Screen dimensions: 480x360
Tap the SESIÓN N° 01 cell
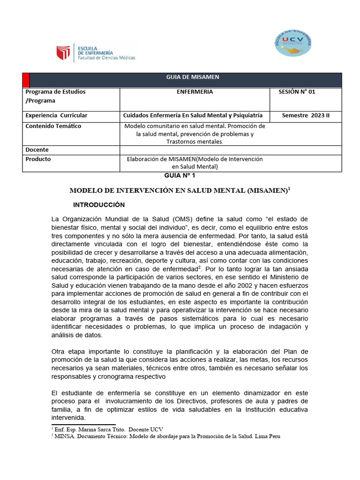coord(297,92)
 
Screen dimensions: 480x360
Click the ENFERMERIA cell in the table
coord(195,92)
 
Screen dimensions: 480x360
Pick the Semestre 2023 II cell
coord(306,115)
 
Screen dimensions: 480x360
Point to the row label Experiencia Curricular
coord(56,115)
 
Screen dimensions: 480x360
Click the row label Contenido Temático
coord(53,126)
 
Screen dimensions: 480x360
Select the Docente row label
coord(37,150)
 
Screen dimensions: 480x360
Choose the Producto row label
coord(38,159)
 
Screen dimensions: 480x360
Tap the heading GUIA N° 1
coord(176,175)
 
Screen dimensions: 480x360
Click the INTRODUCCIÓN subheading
coord(99,205)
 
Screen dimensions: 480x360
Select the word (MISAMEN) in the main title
coord(265,191)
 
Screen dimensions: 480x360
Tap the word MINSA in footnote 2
coord(63,436)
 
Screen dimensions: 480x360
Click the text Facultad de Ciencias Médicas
coord(106,58)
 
